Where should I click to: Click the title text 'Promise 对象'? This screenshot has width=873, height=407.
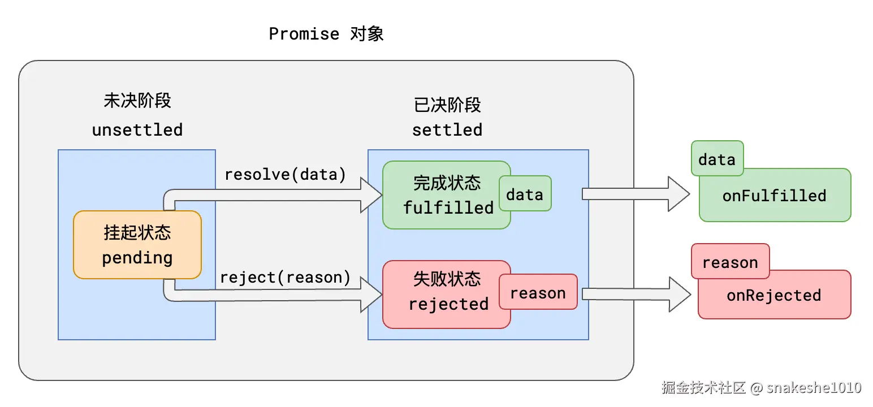(x=326, y=34)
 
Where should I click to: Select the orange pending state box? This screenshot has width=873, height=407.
(x=137, y=245)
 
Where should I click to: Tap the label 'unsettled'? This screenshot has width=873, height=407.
(x=137, y=130)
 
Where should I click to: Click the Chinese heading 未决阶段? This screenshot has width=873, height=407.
(x=137, y=101)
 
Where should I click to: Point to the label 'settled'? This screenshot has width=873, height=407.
(x=447, y=130)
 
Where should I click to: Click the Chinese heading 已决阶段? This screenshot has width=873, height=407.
(x=447, y=105)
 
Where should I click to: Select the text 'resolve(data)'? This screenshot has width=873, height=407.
(x=285, y=175)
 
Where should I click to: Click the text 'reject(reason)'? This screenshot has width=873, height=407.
(x=285, y=278)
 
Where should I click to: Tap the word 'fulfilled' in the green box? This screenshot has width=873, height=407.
(x=448, y=207)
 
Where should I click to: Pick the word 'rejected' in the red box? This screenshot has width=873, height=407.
(x=448, y=304)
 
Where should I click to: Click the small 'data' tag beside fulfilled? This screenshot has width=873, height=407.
(x=524, y=195)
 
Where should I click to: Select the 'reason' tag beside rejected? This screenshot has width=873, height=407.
(x=538, y=293)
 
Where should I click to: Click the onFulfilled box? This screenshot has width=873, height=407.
(x=775, y=196)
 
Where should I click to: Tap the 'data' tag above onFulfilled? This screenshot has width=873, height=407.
(x=716, y=159)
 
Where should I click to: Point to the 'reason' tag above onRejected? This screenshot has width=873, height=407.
(x=730, y=262)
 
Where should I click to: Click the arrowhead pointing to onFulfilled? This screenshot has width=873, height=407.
(x=678, y=194)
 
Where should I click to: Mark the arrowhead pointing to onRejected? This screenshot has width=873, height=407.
(x=680, y=294)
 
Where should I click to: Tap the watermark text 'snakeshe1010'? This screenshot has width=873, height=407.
(x=814, y=387)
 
